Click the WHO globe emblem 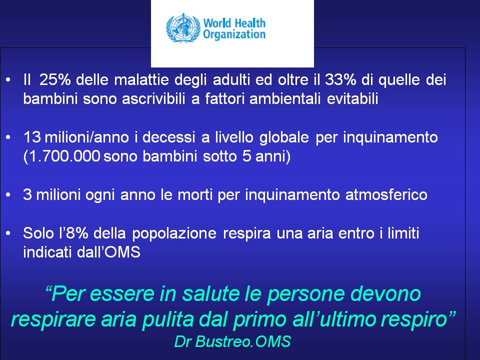click(183, 28)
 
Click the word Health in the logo click(250, 23)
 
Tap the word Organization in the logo click(234, 34)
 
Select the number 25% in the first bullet click(55, 79)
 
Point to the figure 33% click(340, 79)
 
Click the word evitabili click(352, 98)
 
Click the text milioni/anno click(86, 137)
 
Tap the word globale click(284, 137)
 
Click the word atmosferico click(386, 194)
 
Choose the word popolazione click(174, 233)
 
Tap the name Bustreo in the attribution click(223, 341)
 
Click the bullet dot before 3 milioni click(8, 194)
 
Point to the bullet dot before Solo click(8, 233)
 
